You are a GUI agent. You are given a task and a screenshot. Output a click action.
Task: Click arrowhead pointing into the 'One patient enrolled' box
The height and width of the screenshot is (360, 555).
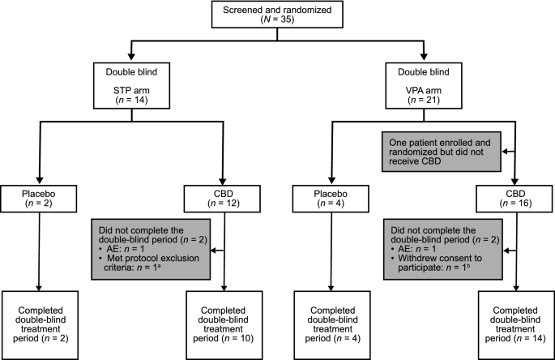click(x=502, y=151)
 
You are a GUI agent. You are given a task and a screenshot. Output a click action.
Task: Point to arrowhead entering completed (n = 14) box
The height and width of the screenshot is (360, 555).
click(x=515, y=294)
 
